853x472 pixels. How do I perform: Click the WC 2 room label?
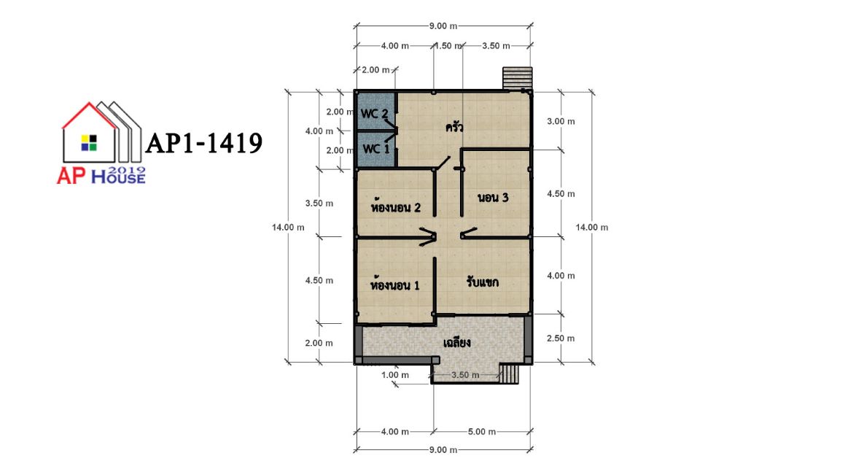(374, 114)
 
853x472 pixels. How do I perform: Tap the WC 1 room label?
(376, 148)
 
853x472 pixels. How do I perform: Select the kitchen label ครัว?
(454, 128)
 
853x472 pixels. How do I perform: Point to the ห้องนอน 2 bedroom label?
(395, 207)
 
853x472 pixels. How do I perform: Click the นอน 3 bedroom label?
(493, 197)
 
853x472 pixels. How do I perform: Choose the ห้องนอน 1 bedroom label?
(395, 285)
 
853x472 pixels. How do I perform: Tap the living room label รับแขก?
(483, 282)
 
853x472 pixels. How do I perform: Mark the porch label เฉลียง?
(457, 343)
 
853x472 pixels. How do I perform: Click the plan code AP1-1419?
(204, 143)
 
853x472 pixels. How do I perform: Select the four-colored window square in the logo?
(89, 143)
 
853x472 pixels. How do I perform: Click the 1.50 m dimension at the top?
(448, 46)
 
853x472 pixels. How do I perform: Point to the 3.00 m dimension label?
(561, 121)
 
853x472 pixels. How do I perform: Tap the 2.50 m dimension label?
(561, 338)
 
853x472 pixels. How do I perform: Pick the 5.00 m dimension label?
(482, 432)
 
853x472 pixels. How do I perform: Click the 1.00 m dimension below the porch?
(395, 374)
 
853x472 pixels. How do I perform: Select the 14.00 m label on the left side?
(288, 227)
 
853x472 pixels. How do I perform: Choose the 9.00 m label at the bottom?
(443, 449)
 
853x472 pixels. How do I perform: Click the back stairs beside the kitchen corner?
(517, 78)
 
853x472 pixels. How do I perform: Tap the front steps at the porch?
(509, 374)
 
